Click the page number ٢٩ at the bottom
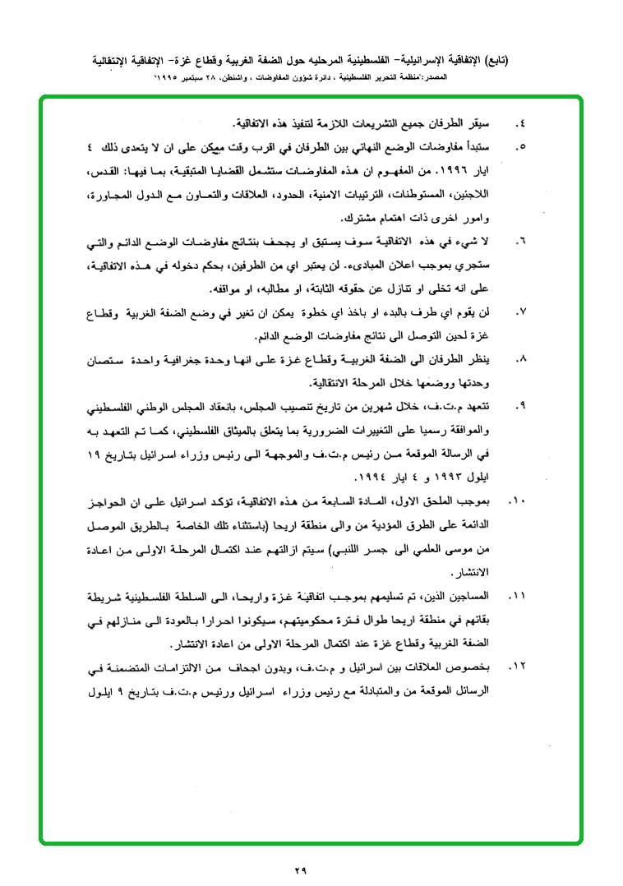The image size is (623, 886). (x=299, y=869)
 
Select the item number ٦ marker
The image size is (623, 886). (x=519, y=243)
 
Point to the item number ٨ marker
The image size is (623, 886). (x=519, y=360)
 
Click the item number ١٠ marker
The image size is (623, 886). (x=516, y=500)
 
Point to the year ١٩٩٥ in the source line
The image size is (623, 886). (x=172, y=76)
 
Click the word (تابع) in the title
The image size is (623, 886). (x=493, y=60)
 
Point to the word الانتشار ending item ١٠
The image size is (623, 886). (x=470, y=570)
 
